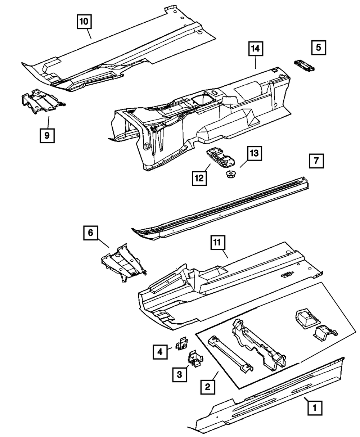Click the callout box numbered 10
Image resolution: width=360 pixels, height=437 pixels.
[84, 22]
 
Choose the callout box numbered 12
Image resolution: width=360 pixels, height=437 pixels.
[199, 178]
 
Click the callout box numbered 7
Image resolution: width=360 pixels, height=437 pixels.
[316, 161]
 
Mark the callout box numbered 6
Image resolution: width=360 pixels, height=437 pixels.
[90, 233]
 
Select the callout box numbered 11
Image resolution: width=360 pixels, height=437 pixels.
[217, 244]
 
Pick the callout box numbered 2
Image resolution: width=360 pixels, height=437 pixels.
[207, 387]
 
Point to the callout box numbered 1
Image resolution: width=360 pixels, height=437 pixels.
[315, 408]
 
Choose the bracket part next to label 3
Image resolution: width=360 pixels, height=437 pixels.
[195, 359]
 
